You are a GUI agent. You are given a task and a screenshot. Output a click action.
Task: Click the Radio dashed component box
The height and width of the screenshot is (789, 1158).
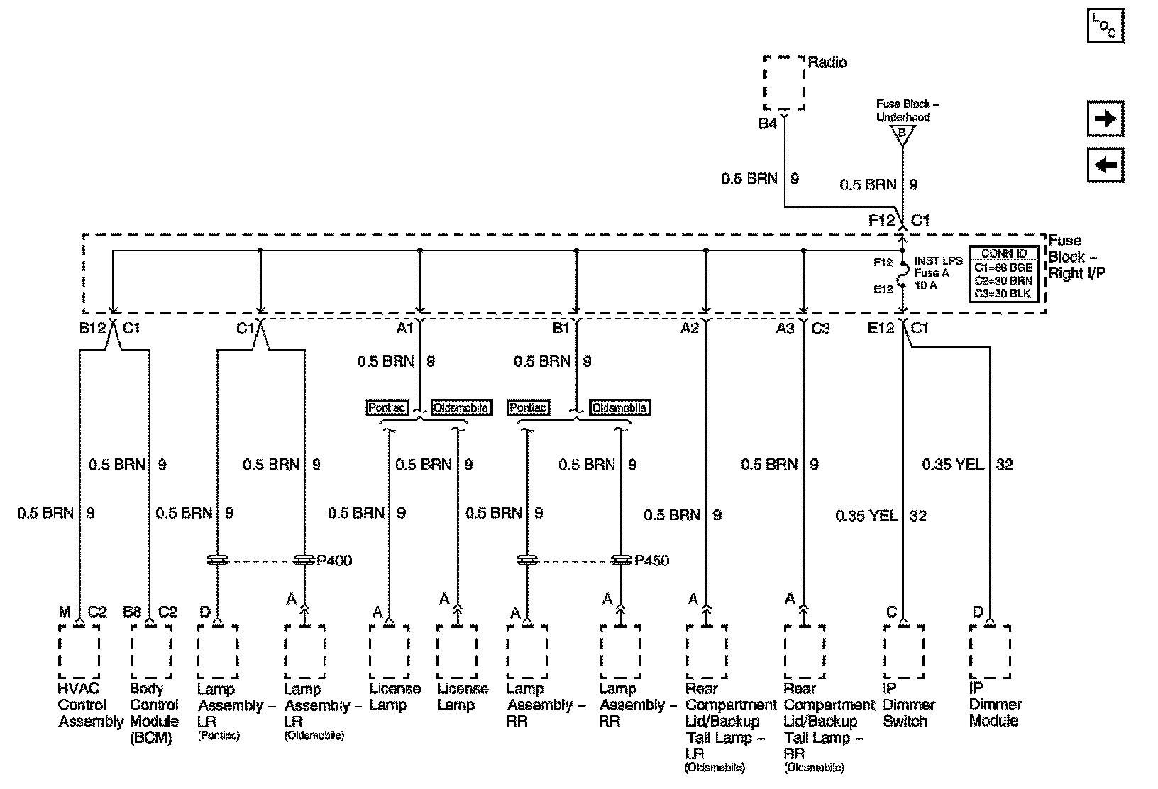tap(784, 82)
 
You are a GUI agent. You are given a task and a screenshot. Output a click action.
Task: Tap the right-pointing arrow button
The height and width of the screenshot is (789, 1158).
tap(1105, 118)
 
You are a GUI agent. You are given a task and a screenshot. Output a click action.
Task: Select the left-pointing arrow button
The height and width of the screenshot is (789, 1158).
tap(1105, 165)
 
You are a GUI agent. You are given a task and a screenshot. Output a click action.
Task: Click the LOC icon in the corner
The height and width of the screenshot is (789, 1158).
tap(1105, 27)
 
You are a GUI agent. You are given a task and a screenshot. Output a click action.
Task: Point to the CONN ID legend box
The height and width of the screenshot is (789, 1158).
tap(1003, 273)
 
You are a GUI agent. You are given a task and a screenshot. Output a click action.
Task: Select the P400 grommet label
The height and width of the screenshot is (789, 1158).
tap(334, 561)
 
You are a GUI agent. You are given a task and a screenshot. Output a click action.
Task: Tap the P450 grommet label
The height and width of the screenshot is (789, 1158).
tap(652, 561)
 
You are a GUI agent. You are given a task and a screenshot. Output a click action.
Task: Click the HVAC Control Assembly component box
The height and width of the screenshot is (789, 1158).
tap(79, 651)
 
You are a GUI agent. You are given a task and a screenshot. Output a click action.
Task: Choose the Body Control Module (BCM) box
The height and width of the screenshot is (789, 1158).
tap(150, 651)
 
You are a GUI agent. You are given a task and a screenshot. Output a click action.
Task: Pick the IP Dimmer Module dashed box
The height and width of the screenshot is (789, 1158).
tap(990, 651)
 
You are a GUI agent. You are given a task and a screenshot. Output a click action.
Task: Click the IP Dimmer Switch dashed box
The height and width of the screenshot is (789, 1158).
tap(904, 651)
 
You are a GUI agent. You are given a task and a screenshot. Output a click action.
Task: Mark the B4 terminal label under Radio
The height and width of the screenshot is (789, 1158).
tap(768, 123)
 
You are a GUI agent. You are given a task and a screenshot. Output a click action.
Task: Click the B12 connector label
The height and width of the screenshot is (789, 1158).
tap(92, 328)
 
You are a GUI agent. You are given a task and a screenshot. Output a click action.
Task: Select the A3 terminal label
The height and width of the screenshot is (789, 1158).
tap(785, 328)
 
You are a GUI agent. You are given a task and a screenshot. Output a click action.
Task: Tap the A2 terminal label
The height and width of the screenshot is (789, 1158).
tap(689, 328)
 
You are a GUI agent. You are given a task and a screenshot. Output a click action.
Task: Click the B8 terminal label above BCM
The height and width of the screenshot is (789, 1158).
tap(133, 612)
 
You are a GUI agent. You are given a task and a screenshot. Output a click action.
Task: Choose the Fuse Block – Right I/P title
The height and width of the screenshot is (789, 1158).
tap(1075, 257)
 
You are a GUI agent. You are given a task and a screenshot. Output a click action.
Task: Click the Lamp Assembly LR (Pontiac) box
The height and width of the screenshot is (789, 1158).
tap(218, 651)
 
